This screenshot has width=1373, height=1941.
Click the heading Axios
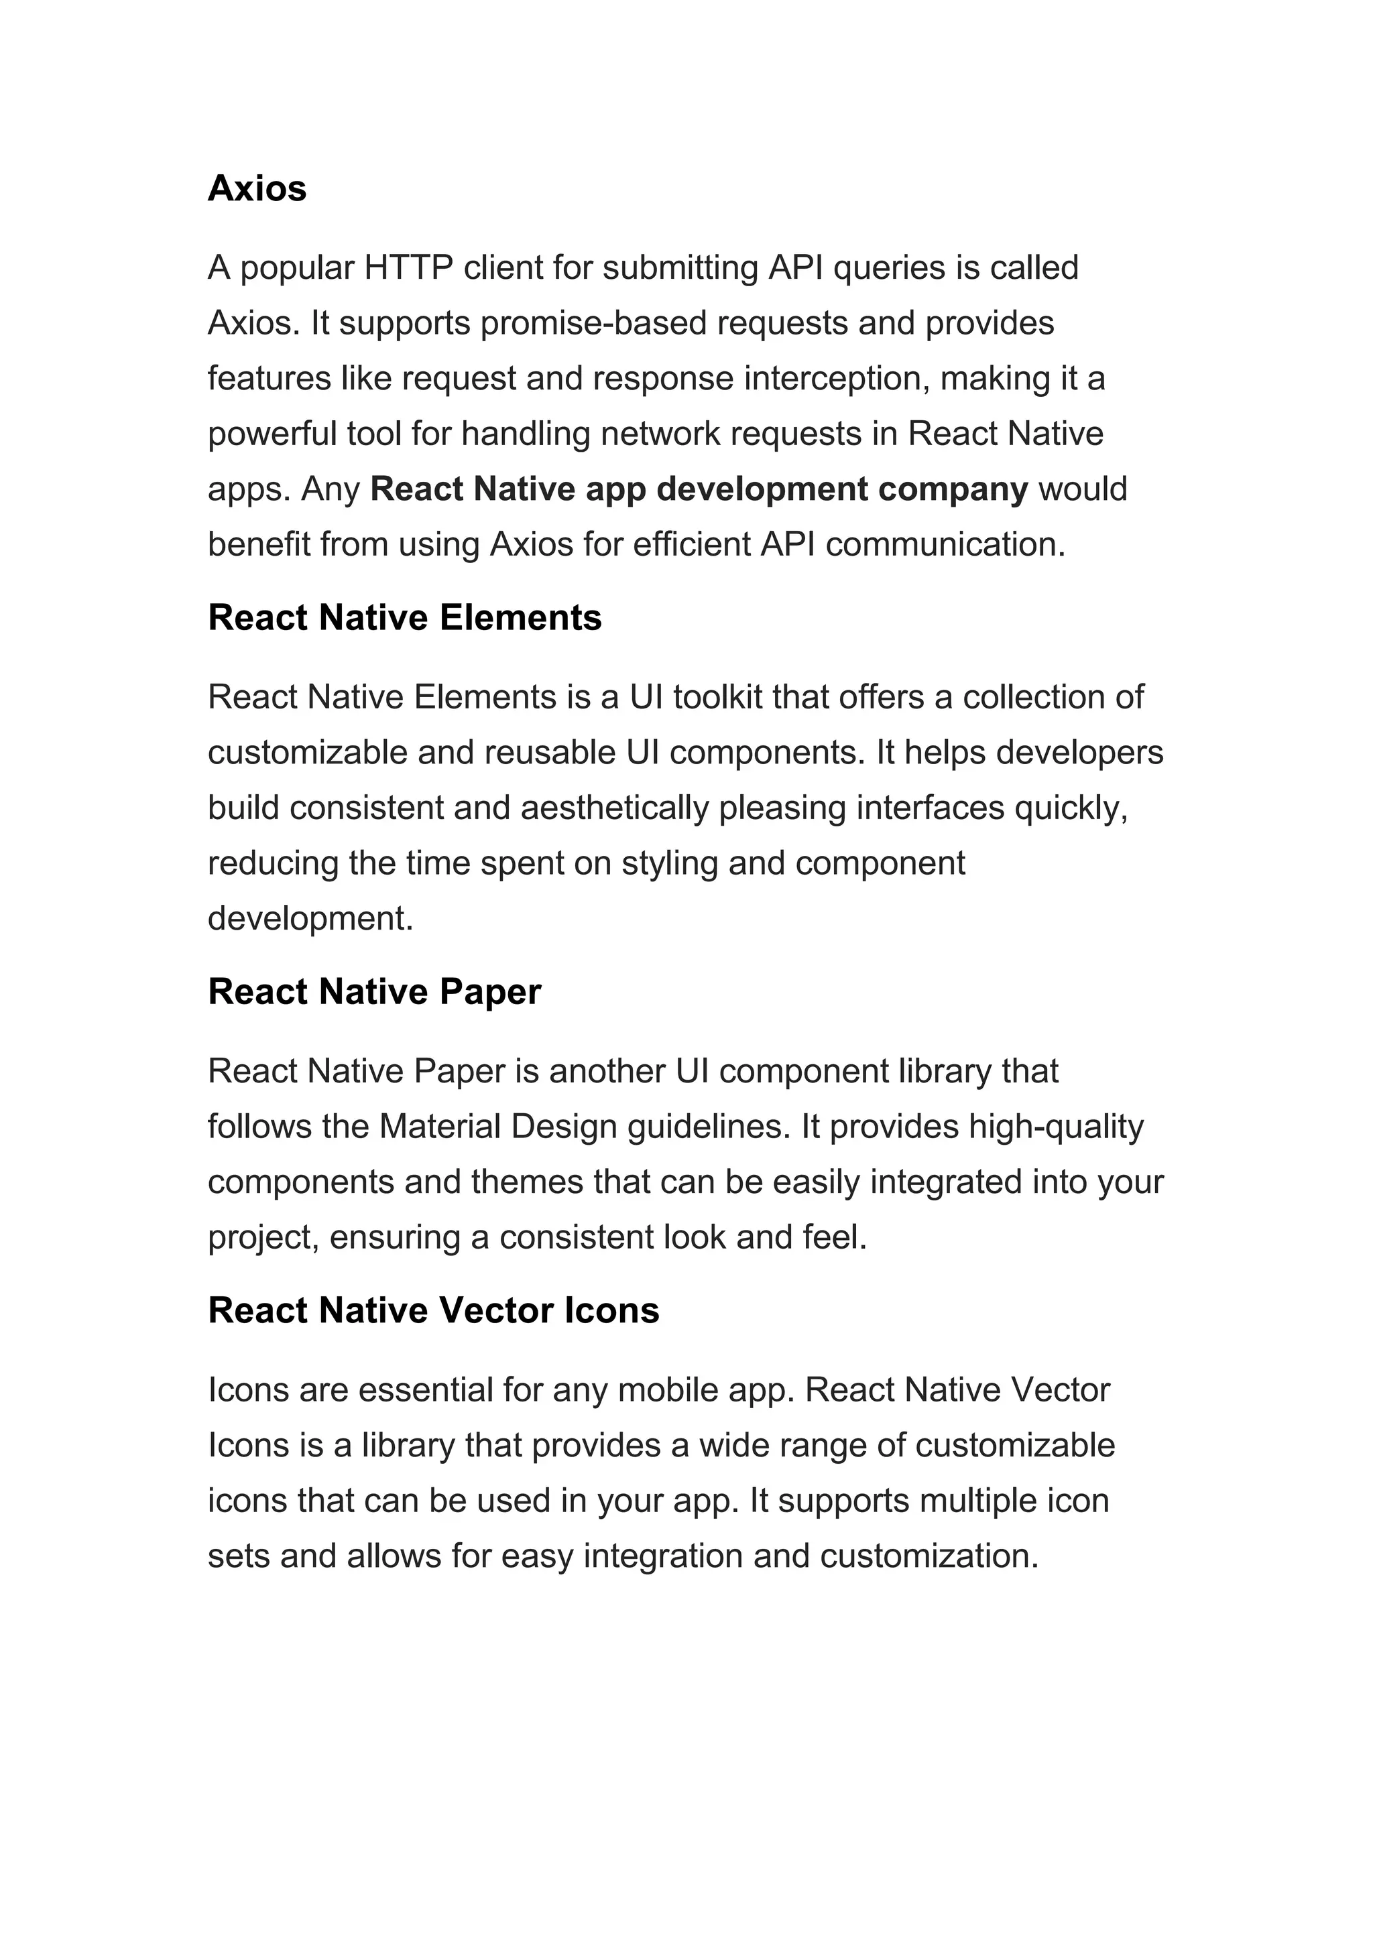(x=257, y=188)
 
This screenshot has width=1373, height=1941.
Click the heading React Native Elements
(x=404, y=618)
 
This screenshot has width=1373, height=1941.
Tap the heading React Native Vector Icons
(x=433, y=1310)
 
